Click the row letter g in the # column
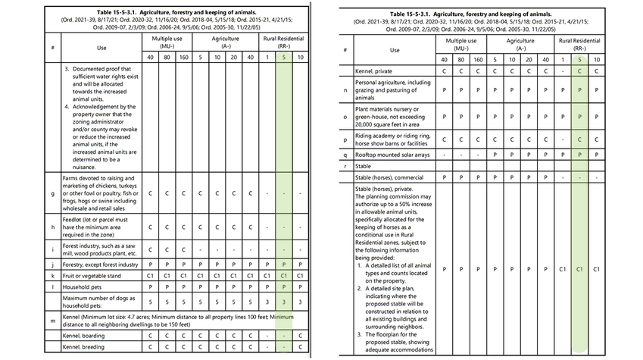[52, 193]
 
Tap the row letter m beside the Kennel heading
[52, 321]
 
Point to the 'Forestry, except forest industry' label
[100, 265]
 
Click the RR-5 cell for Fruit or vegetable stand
[283, 277]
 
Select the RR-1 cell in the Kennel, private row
[562, 71]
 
